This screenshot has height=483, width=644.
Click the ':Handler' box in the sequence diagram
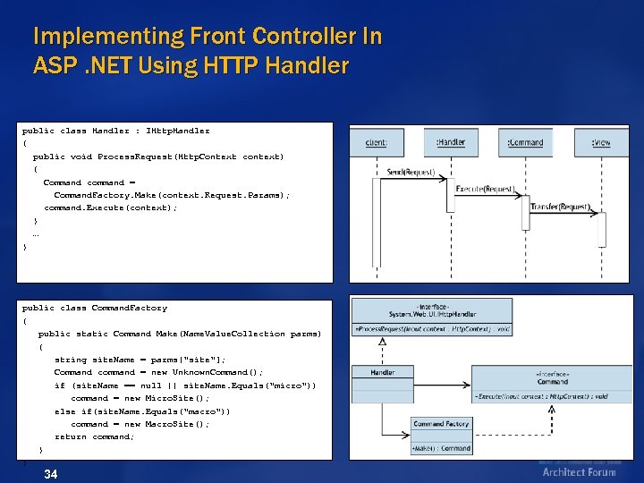(x=451, y=142)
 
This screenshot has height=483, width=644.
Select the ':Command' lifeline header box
(x=525, y=142)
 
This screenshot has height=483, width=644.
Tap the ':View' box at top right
(x=600, y=142)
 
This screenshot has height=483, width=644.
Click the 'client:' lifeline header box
(x=377, y=142)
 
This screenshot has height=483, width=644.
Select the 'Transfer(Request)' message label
(x=560, y=207)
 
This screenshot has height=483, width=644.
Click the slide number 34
(x=51, y=473)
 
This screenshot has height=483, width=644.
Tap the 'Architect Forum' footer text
(x=579, y=472)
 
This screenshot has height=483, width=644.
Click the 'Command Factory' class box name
(x=441, y=424)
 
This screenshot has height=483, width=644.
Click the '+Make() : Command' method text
(x=441, y=447)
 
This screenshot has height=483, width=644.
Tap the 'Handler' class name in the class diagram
(x=383, y=372)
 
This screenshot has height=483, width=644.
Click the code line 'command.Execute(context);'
(x=110, y=208)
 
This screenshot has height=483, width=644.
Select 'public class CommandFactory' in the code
(x=95, y=308)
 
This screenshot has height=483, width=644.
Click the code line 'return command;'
(x=94, y=436)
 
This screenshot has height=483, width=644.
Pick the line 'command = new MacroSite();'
(x=140, y=424)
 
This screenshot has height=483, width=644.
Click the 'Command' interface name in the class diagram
(x=552, y=381)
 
